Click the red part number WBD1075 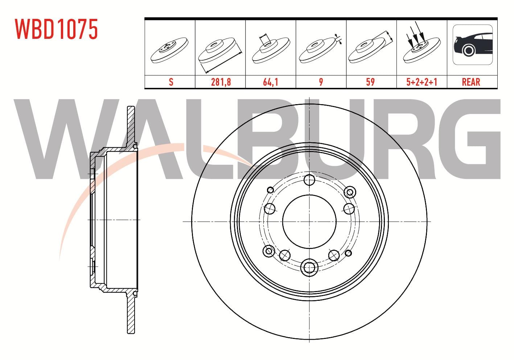57,29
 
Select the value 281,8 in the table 221,82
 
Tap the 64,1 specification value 271,82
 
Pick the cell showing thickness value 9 321,82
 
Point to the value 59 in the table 370,82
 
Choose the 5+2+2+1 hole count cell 422,82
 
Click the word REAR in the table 471,82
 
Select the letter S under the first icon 171,82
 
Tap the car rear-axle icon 473,45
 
